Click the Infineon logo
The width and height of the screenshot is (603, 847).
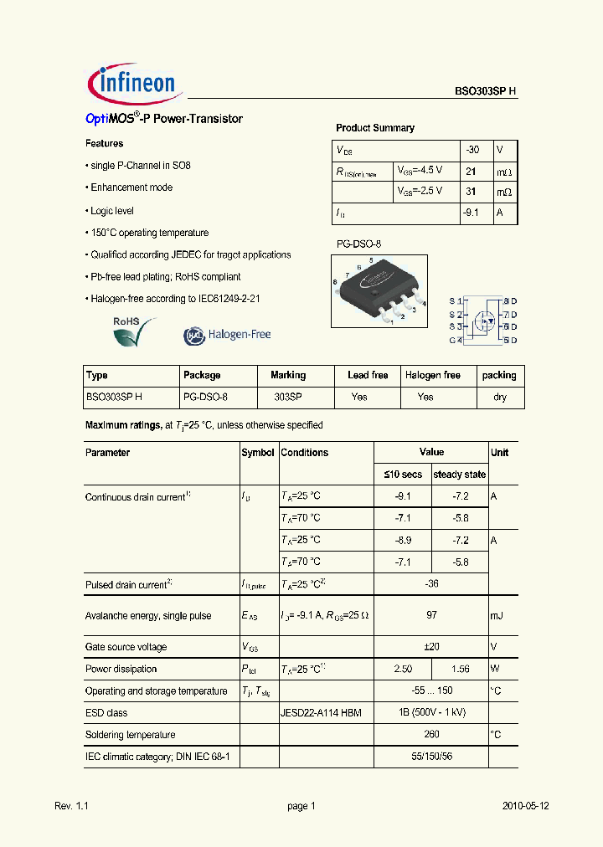click(131, 83)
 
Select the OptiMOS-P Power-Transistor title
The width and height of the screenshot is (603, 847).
click(164, 119)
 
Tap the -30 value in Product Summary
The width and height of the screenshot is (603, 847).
click(473, 150)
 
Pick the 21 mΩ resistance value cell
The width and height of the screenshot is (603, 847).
click(471, 171)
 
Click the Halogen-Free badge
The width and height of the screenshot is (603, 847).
click(227, 335)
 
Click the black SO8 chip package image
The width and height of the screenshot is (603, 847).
click(379, 290)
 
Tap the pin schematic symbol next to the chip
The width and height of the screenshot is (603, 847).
click(483, 320)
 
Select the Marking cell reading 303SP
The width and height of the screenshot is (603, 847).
click(288, 397)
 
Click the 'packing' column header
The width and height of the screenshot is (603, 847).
click(499, 375)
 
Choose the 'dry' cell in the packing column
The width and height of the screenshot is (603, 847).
click(499, 397)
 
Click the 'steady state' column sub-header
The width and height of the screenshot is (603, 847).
click(459, 475)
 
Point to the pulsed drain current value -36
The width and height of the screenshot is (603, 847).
click(431, 584)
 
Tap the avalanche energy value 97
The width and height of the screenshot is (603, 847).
click(431, 615)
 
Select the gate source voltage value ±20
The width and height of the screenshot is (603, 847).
click(431, 647)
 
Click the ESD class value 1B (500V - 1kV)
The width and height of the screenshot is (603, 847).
click(431, 713)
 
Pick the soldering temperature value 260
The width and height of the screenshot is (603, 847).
click(431, 735)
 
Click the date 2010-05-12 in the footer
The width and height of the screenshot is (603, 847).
click(525, 806)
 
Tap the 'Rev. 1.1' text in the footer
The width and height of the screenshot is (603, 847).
click(71, 806)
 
